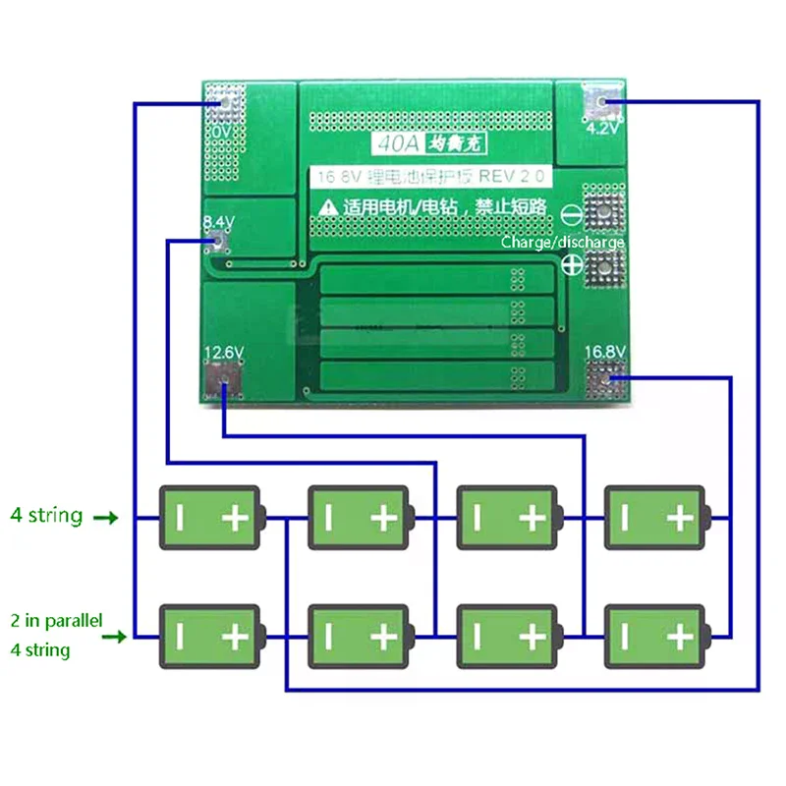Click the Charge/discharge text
pos(562,242)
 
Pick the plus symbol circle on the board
pos(571,264)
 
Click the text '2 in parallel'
pos(56,621)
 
